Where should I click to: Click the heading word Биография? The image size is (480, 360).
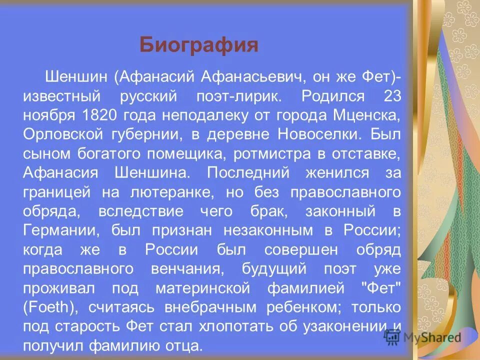coord(198,45)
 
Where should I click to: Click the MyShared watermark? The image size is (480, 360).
coord(422,337)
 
